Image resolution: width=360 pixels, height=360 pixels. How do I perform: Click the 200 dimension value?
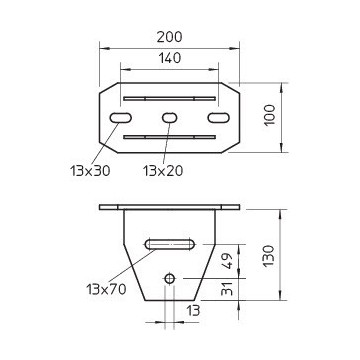pyautogui.click(x=169, y=37)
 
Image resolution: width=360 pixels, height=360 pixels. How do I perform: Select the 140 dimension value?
pyautogui.click(x=169, y=58)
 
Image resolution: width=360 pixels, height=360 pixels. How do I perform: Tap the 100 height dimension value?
pyautogui.click(x=270, y=115)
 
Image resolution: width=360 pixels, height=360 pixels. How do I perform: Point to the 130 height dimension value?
pyautogui.click(x=268, y=255)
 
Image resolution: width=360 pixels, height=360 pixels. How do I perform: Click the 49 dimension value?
pyautogui.click(x=227, y=261)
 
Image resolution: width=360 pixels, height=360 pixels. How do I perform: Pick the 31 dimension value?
pyautogui.click(x=227, y=288)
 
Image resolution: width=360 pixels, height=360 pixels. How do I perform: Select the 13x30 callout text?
pyautogui.click(x=90, y=171)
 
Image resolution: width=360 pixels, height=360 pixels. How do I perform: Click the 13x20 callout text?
pyautogui.click(x=163, y=171)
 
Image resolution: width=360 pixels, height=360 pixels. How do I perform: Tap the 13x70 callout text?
pyautogui.click(x=106, y=289)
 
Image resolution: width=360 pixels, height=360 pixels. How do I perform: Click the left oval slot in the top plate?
pyautogui.click(x=120, y=118)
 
